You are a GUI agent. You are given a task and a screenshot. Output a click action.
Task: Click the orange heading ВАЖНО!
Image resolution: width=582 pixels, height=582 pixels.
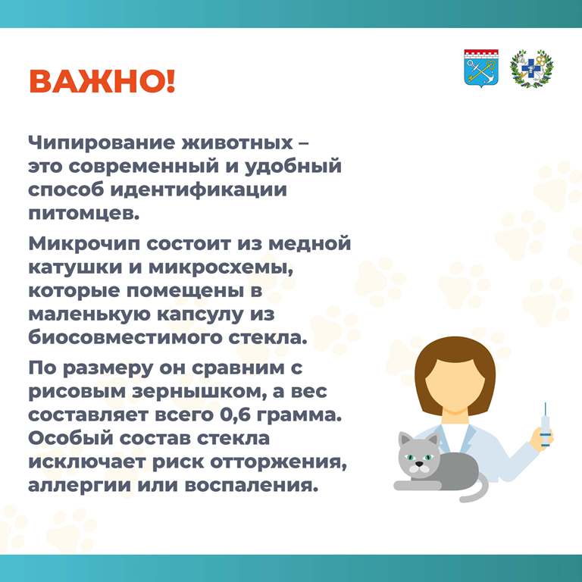coord(102,81)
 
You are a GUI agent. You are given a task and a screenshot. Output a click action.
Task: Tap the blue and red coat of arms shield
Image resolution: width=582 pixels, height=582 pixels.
coord(481,69)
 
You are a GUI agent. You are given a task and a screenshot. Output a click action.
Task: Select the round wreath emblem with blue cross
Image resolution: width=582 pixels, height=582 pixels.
coord(531,69)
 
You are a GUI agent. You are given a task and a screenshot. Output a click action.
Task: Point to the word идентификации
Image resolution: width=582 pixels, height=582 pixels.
coord(199,189)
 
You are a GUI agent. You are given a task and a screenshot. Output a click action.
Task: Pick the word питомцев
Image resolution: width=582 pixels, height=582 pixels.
coord(84,214)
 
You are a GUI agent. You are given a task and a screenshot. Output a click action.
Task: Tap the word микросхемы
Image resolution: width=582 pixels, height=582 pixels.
coord(221,268)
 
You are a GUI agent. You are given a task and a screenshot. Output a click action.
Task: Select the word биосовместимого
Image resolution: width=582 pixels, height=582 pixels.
coord(125,337)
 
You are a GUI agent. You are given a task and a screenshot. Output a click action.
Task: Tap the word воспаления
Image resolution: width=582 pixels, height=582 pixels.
coord(252,487)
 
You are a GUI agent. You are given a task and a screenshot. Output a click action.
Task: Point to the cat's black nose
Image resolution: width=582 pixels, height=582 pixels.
coord(419,464)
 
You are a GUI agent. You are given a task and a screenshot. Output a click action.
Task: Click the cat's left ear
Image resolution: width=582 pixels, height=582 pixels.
coord(405,440)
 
